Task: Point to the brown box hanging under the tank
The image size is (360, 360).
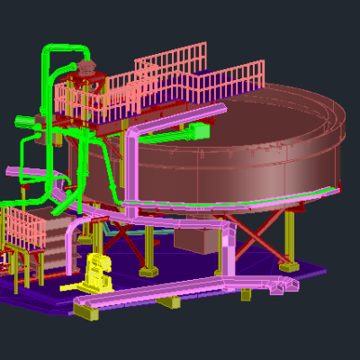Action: [x=193, y=239]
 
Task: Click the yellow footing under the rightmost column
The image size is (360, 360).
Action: [x=289, y=266]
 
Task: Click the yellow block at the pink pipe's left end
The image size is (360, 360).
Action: [x=86, y=311]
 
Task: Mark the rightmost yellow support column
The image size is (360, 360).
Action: [x=290, y=236]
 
